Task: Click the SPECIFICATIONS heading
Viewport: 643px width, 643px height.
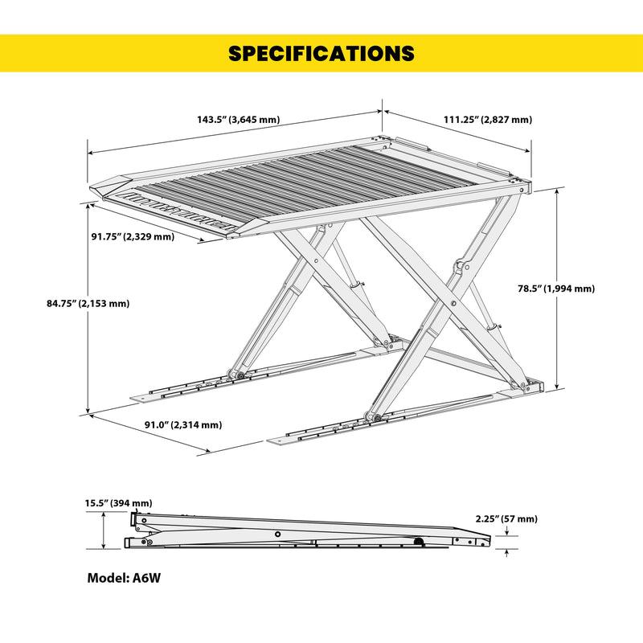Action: (321, 53)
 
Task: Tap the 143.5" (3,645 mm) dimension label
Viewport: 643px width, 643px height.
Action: (238, 119)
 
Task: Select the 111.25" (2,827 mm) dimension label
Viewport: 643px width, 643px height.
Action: (488, 119)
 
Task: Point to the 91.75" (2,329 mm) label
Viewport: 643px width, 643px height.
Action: (133, 236)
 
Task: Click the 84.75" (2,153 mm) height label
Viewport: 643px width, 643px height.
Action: (88, 304)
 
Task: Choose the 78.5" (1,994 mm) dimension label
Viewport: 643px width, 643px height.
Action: (555, 289)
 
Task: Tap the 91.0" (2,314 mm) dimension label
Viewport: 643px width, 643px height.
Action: (183, 425)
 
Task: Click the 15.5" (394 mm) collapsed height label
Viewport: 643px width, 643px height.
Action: (118, 503)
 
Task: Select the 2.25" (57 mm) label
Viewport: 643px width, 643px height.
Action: (506, 518)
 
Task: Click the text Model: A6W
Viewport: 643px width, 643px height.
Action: (124, 578)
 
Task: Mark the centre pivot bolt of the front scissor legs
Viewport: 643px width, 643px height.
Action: (453, 304)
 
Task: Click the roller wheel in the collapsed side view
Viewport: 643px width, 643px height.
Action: (419, 543)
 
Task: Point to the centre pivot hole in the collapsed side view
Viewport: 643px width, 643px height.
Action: (277, 534)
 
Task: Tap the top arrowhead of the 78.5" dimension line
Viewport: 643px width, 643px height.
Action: (556, 191)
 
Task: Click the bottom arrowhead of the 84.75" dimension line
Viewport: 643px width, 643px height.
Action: (88, 411)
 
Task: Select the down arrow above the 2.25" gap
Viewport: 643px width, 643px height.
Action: (507, 531)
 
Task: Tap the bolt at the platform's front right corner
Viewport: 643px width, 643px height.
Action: (522, 190)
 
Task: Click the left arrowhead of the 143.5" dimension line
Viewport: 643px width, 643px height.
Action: (91, 153)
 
